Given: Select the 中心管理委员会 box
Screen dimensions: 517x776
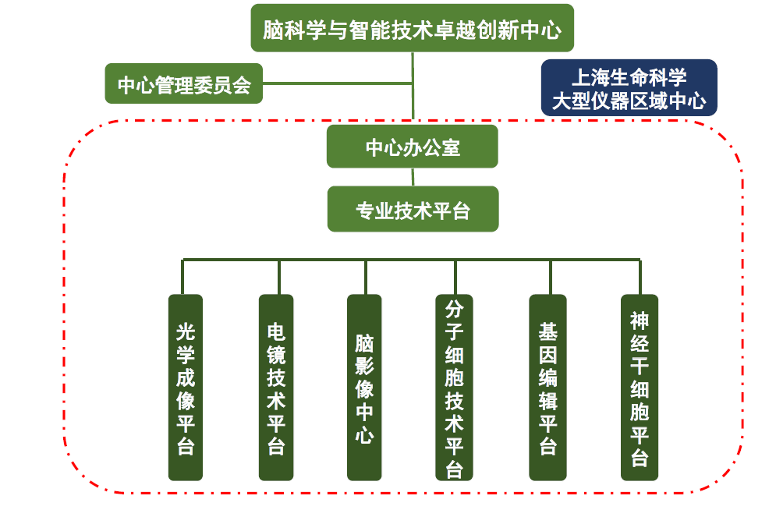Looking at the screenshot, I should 184,83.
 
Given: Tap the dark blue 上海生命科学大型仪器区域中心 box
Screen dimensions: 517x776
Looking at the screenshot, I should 629,87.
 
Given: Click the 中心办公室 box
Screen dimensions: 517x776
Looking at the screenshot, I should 412,147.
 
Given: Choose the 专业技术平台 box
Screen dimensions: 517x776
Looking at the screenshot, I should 413,209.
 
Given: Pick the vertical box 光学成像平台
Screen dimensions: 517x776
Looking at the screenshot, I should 186,387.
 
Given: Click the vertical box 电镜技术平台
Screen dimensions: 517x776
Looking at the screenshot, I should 276,387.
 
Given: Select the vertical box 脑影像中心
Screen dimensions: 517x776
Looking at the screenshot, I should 364,387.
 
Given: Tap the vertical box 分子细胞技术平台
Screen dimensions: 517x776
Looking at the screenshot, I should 455,387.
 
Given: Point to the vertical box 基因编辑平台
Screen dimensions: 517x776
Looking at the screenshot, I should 548,387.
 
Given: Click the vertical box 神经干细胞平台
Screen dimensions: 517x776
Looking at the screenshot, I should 640,387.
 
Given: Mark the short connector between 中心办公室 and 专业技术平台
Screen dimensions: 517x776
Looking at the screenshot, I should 413,177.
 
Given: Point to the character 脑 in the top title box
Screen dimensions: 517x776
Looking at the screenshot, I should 272,30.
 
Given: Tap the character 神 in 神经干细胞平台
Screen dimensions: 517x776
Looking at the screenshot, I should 640,320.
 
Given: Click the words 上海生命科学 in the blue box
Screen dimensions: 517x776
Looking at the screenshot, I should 629,77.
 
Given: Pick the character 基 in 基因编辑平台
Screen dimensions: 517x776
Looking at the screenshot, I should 548,331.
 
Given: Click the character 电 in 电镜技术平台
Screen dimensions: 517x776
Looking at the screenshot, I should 276,331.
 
